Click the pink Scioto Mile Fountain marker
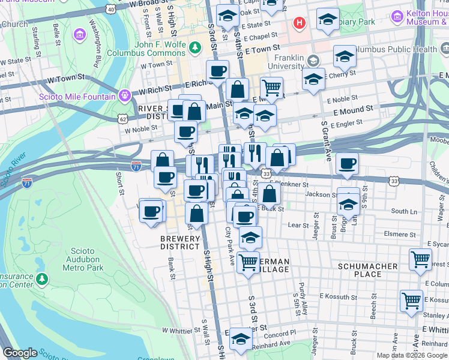pyautogui.click(x=124, y=94)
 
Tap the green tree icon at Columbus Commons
pyautogui.click(x=194, y=47)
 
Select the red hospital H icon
pyautogui.click(x=298, y=23)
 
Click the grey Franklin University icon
pyautogui.click(x=313, y=61)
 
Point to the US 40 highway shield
pyautogui.click(x=110, y=8)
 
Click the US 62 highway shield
pyautogui.click(x=123, y=119)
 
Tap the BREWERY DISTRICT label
pyautogui.click(x=179, y=243)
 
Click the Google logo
pyautogui.click(x=20, y=353)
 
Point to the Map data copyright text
pyautogui.click(x=412, y=355)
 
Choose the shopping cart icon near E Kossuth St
pyautogui.click(x=412, y=300)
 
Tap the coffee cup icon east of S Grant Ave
pyautogui.click(x=347, y=164)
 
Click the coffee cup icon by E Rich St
pyautogui.click(x=217, y=71)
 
